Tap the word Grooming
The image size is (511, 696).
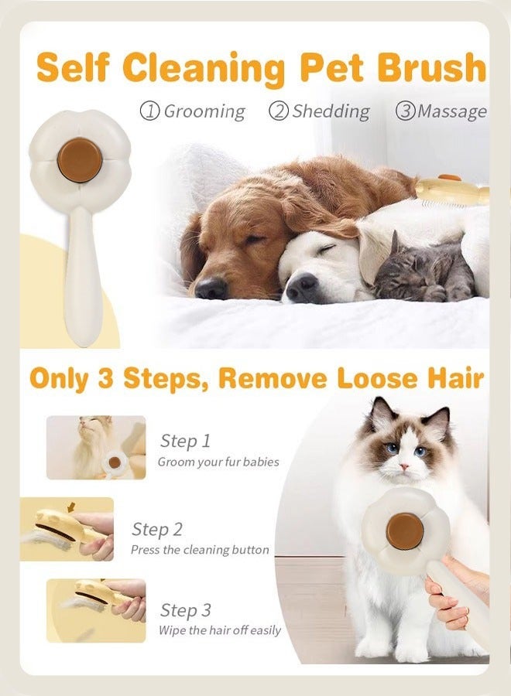point(204,111)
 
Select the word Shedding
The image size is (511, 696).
point(331,111)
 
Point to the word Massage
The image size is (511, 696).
point(452,111)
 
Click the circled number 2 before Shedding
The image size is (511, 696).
point(278,111)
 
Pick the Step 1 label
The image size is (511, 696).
point(185,441)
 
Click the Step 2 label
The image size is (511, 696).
point(157,529)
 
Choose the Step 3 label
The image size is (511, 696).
point(185,610)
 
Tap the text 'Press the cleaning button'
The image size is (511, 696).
point(200,550)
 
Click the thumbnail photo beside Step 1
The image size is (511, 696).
point(96,447)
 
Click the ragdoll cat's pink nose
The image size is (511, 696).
point(403,466)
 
